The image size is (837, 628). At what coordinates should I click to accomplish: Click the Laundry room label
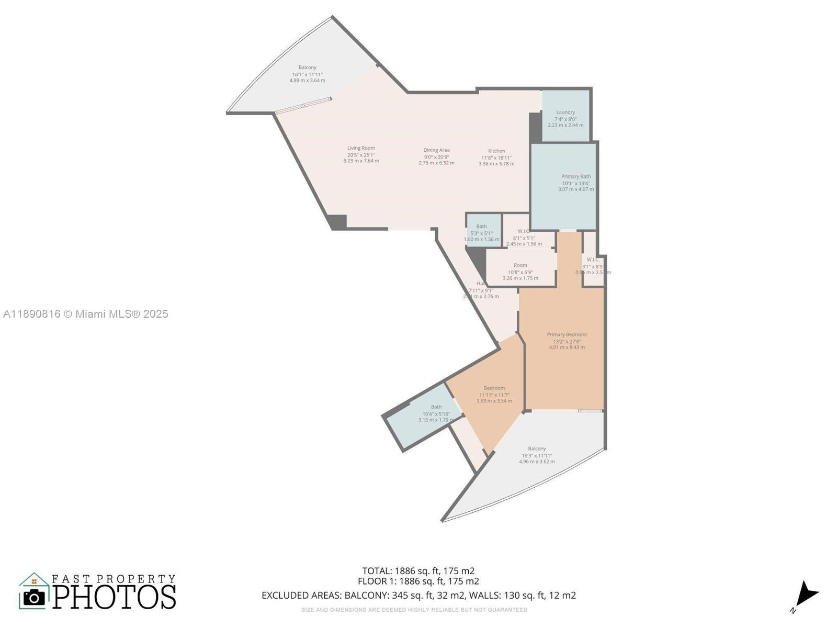point(565,113)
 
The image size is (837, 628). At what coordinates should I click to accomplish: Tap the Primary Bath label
point(576,177)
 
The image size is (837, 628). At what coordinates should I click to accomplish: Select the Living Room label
point(361,148)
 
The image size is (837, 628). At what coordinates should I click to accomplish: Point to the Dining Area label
point(436,150)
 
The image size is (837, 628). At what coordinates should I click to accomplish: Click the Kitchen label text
point(496,151)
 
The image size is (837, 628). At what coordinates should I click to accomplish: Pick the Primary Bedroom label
point(567,334)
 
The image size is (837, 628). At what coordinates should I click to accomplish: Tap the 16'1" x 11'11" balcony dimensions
point(307,74)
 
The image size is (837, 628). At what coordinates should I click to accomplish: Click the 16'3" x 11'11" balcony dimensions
point(537,455)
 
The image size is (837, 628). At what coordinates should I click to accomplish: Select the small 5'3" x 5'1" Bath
point(481,233)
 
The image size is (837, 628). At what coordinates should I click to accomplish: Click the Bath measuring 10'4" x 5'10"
point(436,413)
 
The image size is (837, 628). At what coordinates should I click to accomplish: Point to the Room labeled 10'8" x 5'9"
point(520,272)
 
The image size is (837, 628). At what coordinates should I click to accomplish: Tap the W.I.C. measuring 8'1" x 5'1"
point(524,237)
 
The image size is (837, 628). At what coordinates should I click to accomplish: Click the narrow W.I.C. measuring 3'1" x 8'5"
point(593,266)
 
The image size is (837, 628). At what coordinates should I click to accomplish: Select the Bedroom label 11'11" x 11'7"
point(494,395)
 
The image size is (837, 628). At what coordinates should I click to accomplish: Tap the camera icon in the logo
point(35,597)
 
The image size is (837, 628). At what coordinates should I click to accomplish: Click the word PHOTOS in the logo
point(114,597)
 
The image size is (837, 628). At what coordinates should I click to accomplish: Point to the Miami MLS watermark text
point(86,314)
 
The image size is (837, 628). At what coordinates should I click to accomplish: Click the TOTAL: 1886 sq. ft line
point(418,571)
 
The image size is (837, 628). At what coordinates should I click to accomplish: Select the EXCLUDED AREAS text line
point(418,596)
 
